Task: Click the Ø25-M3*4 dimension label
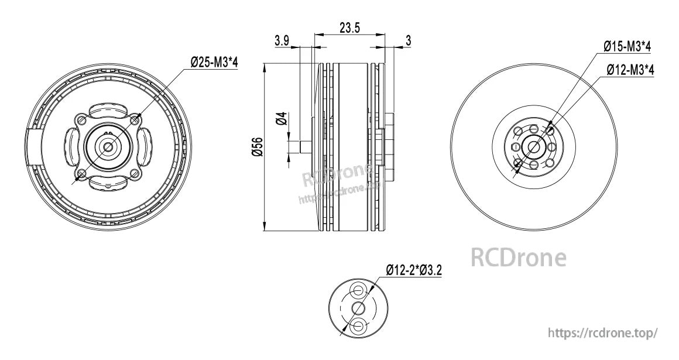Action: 214,61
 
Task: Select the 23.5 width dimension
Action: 349,27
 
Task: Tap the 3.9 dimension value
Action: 282,40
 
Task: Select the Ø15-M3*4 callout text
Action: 627,46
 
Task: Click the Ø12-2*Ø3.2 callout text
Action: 413,270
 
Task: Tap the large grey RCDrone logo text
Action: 519,258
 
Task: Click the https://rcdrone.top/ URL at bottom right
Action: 603,332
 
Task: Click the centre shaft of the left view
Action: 109,146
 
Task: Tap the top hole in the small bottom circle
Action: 358,291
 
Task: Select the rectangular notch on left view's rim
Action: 34,147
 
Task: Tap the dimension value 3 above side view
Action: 407,40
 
